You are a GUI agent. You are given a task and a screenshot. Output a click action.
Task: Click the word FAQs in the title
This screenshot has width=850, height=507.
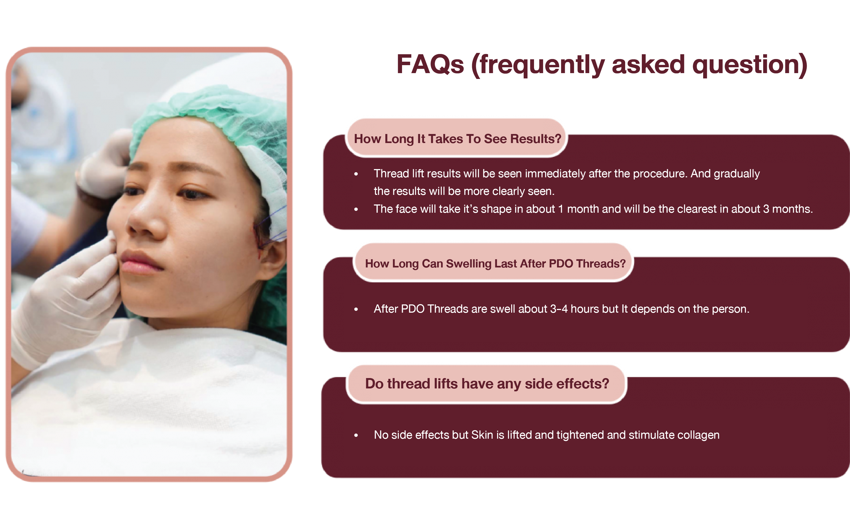click(x=430, y=64)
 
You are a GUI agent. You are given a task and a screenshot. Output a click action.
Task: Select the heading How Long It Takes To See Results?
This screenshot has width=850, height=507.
click(x=457, y=139)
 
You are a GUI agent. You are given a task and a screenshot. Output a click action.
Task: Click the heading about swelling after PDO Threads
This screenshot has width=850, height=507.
click(x=495, y=263)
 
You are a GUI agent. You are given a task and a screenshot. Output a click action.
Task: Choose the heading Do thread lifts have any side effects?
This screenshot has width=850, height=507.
click(x=487, y=384)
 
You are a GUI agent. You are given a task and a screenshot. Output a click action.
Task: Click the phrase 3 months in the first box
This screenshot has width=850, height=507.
click(x=788, y=209)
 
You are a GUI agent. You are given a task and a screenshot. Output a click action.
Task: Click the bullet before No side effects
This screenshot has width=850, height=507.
click(x=356, y=435)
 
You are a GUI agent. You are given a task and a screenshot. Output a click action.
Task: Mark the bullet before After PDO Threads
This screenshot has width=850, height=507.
click(x=356, y=309)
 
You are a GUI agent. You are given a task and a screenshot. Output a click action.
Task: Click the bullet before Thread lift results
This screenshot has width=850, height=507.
click(x=356, y=174)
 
